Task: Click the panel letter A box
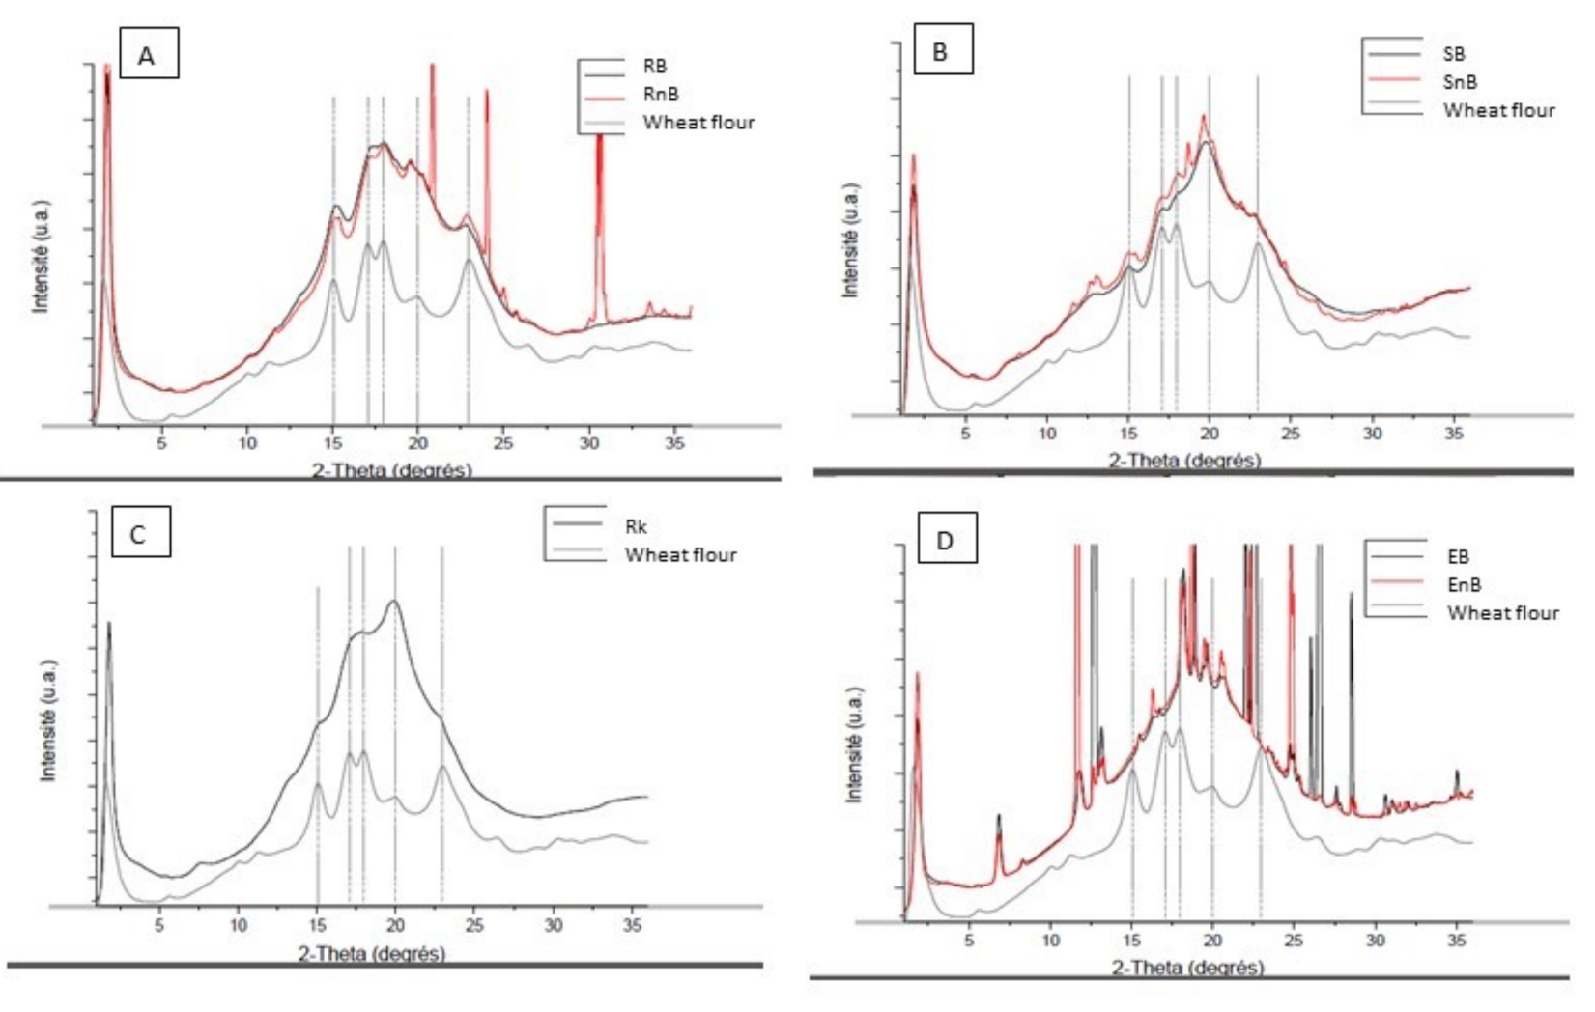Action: pyautogui.click(x=147, y=55)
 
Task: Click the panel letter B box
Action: pyautogui.click(x=942, y=51)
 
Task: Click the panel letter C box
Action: pyautogui.click(x=140, y=533)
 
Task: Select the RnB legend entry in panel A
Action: pyautogui.click(x=661, y=94)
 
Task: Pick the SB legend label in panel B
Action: pyautogui.click(x=1454, y=54)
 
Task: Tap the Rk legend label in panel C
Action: pyautogui.click(x=636, y=527)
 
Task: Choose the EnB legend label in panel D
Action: pyautogui.click(x=1464, y=584)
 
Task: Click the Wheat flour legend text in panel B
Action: pyautogui.click(x=1498, y=110)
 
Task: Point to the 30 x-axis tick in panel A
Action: pyautogui.click(x=588, y=443)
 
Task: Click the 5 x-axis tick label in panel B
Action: pyautogui.click(x=965, y=434)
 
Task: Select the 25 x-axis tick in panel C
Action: pyautogui.click(x=473, y=925)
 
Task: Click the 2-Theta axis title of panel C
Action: pyautogui.click(x=372, y=954)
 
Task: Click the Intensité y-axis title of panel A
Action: pyautogui.click(x=42, y=256)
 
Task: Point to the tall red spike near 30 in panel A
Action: pyautogui.click(x=599, y=193)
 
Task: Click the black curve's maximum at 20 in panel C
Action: pyautogui.click(x=394, y=602)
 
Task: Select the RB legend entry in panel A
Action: pyautogui.click(x=654, y=66)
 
